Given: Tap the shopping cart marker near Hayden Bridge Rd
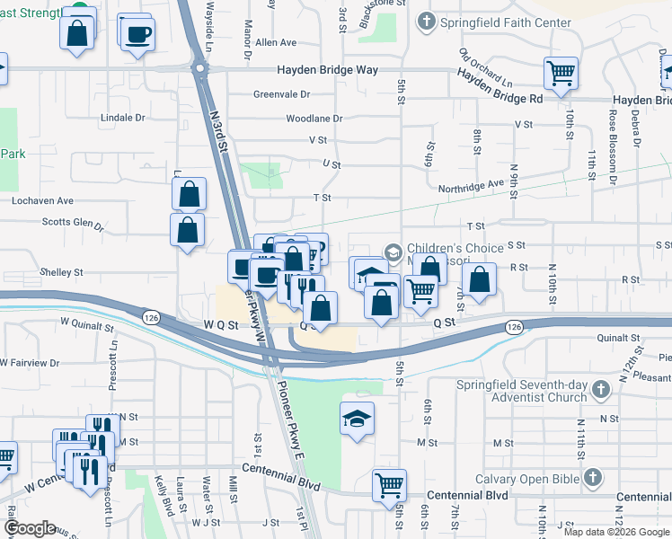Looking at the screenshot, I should [x=561, y=73].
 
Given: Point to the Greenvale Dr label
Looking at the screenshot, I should [x=281, y=93].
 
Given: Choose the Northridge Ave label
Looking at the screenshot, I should [x=471, y=186].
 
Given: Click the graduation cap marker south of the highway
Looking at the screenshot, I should [x=357, y=419].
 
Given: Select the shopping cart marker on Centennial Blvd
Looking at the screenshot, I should [x=390, y=485].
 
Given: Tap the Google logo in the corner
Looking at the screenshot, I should [x=30, y=527].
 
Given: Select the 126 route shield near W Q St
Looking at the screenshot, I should [x=150, y=315].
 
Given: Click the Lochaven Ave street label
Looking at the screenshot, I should [x=42, y=201].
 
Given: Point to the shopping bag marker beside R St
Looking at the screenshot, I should [x=481, y=279].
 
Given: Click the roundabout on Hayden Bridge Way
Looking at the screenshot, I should [x=199, y=69].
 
